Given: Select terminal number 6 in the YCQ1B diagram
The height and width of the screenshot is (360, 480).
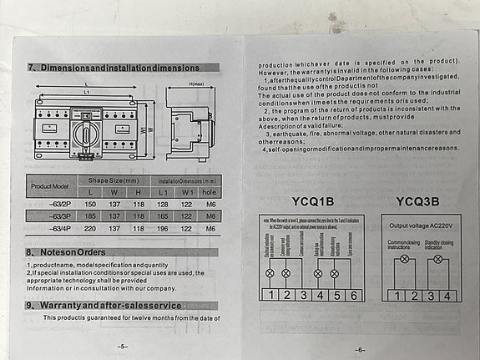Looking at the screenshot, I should [355, 295].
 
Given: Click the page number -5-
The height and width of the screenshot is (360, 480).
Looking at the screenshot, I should [123, 344].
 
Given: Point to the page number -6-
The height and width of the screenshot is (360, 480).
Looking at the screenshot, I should [360, 349].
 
